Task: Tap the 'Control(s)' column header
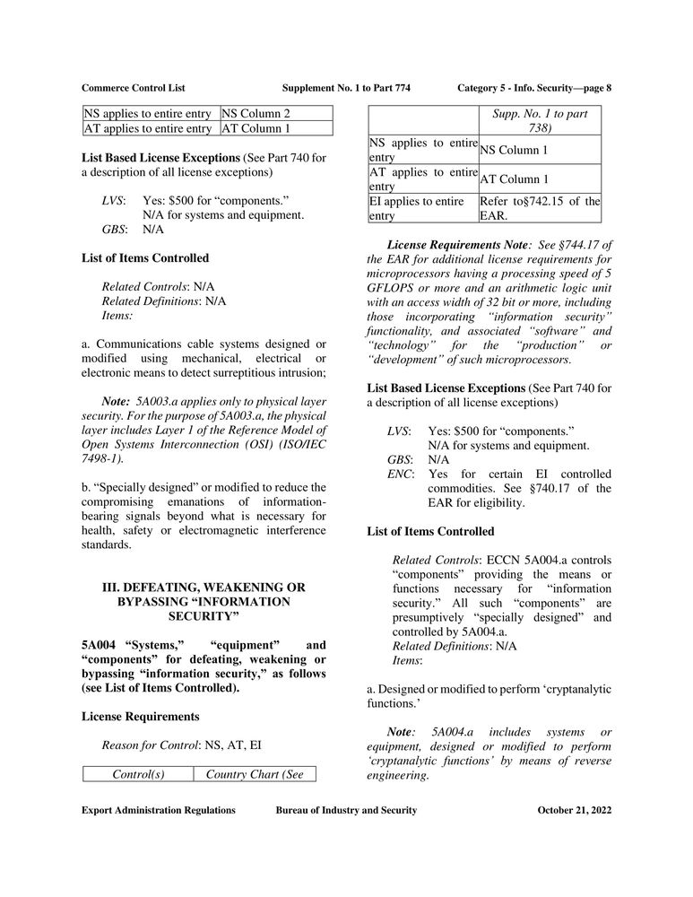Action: [138, 773]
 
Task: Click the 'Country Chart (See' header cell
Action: [255, 773]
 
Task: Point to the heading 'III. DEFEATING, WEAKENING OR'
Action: [204, 587]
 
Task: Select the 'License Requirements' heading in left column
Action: [141, 716]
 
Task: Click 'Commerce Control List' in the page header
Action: [133, 87]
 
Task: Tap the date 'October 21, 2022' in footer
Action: [574, 810]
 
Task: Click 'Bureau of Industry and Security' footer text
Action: [346, 810]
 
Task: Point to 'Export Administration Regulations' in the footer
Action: [158, 810]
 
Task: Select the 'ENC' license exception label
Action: [399, 474]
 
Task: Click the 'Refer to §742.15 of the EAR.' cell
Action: [540, 209]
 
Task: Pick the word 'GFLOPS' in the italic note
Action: [392, 287]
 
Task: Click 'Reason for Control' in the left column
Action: [150, 745]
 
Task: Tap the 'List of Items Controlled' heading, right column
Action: [430, 531]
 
